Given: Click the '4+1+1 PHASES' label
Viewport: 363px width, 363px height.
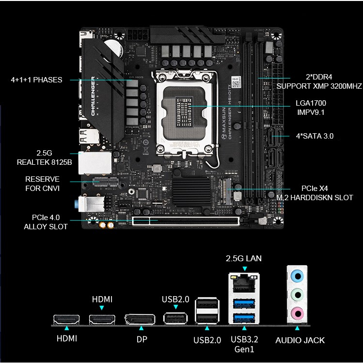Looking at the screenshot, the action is pyautogui.click(x=36, y=79).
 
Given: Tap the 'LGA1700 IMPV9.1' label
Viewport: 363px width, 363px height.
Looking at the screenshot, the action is pyautogui.click(x=310, y=108).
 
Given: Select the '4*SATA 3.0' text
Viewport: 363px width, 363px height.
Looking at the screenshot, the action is pyautogui.click(x=315, y=136).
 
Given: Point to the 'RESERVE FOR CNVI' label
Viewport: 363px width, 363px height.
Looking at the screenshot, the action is pyautogui.click(x=43, y=184).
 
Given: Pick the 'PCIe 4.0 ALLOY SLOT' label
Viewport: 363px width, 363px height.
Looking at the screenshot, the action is pyautogui.click(x=46, y=221).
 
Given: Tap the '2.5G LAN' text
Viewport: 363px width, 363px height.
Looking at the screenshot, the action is pyautogui.click(x=243, y=258).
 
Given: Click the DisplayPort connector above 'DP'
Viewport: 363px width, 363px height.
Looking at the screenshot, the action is pyautogui.click(x=141, y=319).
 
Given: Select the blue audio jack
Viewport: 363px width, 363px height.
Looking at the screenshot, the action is pyautogui.click(x=297, y=276).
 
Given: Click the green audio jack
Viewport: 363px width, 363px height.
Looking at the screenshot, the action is pyautogui.click(x=297, y=295).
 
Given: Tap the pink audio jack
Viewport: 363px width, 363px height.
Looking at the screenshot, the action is pyautogui.click(x=297, y=313).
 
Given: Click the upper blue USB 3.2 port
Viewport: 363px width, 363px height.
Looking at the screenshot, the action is pyautogui.click(x=244, y=304).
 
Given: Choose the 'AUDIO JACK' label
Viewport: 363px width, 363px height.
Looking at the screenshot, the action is pyautogui.click(x=300, y=340).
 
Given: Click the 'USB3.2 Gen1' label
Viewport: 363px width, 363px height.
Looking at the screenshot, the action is pyautogui.click(x=245, y=344).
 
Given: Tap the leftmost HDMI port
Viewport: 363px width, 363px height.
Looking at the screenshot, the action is pyautogui.click(x=66, y=319).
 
